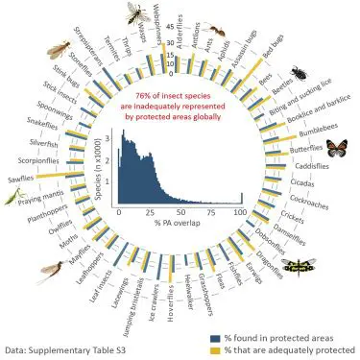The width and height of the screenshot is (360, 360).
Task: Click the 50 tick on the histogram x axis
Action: [x=178, y=211]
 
